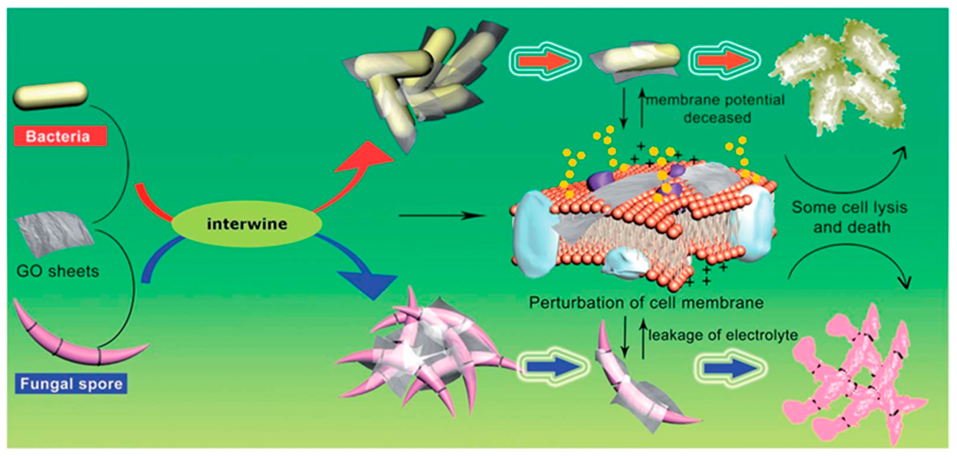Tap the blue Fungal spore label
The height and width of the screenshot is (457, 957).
[x=71, y=384]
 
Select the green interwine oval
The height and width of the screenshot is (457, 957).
[x=247, y=224]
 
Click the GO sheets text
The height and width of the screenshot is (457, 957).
[x=58, y=271]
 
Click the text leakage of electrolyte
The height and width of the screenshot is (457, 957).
[x=723, y=335]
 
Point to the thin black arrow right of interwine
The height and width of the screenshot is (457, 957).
[x=442, y=215]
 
